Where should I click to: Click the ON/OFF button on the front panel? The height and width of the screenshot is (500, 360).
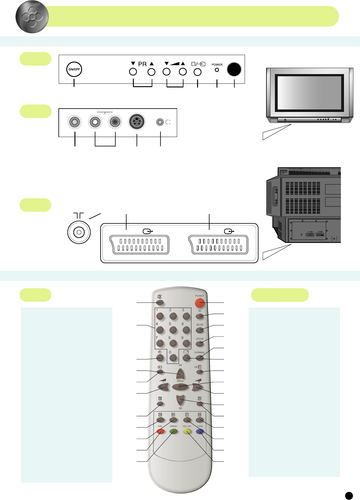coord(74,69)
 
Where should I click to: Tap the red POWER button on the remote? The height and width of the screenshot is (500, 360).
coord(200,302)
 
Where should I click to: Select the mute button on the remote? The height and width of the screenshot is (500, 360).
coord(160,302)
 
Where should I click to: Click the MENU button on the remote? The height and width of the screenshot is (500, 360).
coord(180,387)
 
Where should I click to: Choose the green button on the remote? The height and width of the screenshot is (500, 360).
coord(173,431)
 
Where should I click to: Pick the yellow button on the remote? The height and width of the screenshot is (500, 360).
coord(187,431)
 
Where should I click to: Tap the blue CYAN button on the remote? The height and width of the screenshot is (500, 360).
coord(200,431)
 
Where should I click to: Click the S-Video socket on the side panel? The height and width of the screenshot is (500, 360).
coord(137,122)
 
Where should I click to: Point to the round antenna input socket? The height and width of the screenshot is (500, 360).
coord(79,232)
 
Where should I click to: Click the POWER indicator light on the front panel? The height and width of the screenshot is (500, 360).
coord(217,70)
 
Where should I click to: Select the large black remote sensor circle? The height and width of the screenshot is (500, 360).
coord(234,69)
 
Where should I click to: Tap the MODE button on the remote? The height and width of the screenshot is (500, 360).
coord(200,330)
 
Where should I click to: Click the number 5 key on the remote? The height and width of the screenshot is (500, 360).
coord(173,330)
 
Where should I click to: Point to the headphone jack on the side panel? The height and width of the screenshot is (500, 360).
coord(160,122)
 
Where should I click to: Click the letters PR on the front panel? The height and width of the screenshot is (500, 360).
coord(142,64)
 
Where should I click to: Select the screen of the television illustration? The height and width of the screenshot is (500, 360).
coord(309,93)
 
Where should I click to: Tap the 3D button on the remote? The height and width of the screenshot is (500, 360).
coord(200,316)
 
